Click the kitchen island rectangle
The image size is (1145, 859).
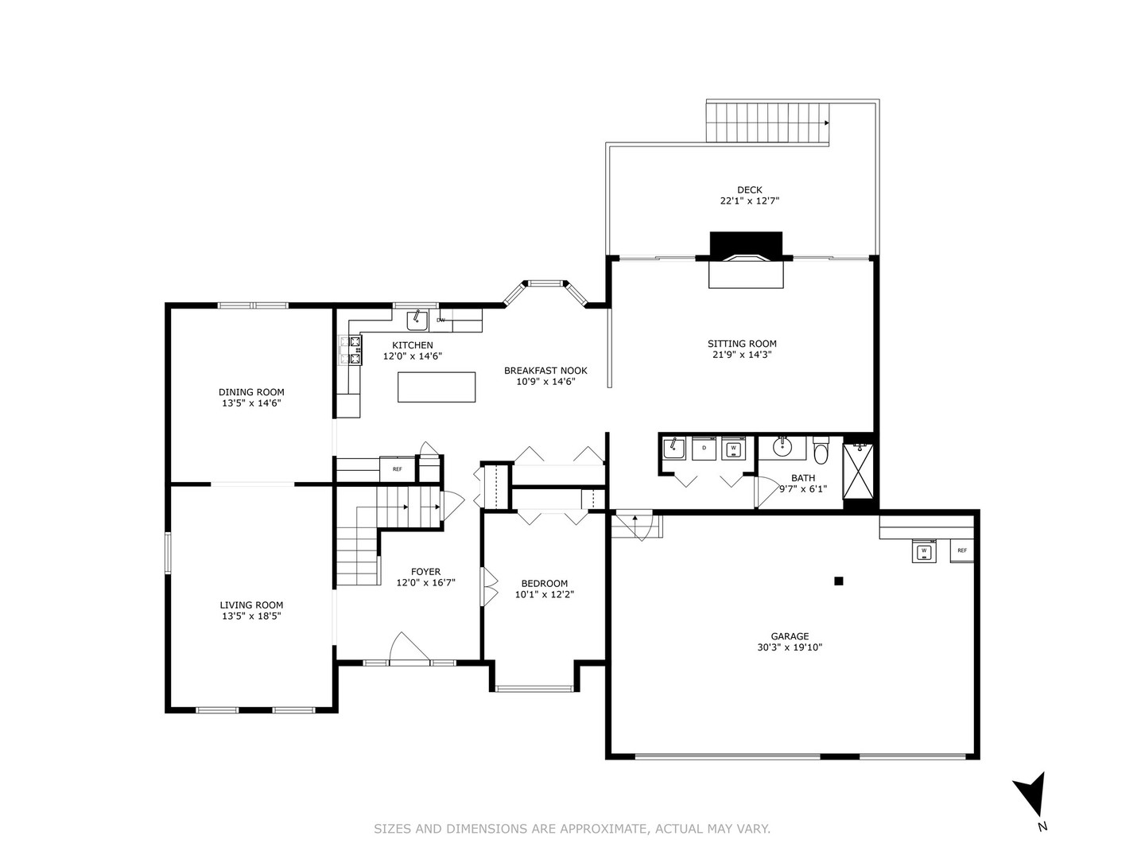click(x=437, y=387)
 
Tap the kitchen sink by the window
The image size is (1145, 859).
click(x=417, y=321)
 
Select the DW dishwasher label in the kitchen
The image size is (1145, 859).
click(x=441, y=321)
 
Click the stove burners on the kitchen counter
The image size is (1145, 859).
click(x=351, y=351)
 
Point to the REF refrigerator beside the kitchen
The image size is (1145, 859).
click(x=397, y=469)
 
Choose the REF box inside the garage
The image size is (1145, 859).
click(x=961, y=550)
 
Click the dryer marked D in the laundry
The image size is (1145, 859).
click(x=704, y=449)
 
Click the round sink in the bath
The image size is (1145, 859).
click(x=782, y=446)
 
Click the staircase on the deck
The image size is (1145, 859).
click(x=767, y=122)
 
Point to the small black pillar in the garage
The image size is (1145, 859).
click(x=838, y=581)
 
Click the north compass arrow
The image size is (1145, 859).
click(x=1031, y=794)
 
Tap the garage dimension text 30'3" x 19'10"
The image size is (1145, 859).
click(x=790, y=647)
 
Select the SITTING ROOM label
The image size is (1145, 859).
click(x=742, y=344)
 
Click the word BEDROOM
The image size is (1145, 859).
click(x=544, y=583)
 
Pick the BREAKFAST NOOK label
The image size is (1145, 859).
click(x=545, y=371)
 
